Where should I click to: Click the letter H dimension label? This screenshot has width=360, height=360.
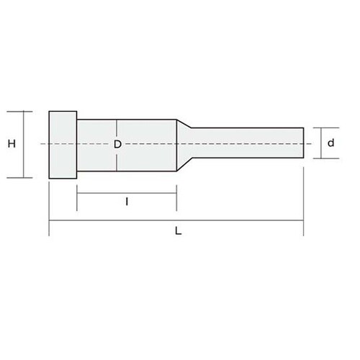tap(12, 144)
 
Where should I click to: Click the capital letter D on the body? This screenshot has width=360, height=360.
tap(117, 144)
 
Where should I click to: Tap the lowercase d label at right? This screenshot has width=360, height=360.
tap(331, 143)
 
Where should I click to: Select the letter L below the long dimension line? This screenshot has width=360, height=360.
tap(178, 231)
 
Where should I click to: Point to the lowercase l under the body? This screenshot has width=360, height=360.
tap(127, 202)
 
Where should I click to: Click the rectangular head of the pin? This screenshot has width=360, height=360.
tap(63, 145)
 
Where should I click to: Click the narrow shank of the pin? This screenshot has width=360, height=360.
tap(248, 143)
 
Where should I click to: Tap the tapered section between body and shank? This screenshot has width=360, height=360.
tap(184, 145)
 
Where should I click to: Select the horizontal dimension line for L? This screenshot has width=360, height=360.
tap(176, 220)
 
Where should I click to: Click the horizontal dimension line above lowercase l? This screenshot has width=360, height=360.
tap(127, 193)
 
